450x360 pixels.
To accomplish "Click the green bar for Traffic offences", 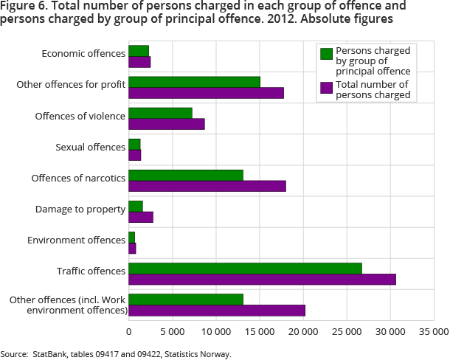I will (245, 269).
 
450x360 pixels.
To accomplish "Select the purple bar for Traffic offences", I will (262, 279).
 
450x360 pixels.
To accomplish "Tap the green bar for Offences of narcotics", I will (186, 176).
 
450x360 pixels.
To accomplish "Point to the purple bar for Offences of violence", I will (167, 124).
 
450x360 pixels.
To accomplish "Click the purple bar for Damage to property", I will (141, 217).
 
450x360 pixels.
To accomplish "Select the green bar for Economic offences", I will (139, 51).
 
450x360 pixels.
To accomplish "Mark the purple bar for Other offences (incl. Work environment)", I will (217, 310).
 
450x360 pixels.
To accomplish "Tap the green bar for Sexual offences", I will (134, 144).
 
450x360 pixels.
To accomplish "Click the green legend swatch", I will (326, 53).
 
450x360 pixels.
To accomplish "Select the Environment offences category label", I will (77, 240).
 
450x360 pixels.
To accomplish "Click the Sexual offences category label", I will (91, 148).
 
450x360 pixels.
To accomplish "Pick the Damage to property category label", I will (80, 210).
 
